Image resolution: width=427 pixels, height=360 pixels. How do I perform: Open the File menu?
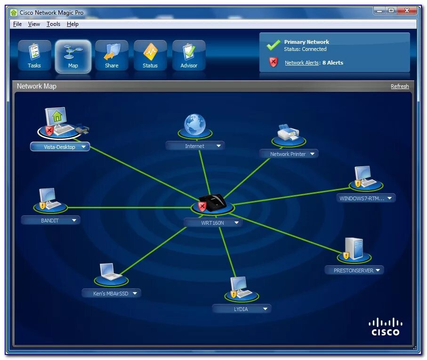click(x=17, y=24)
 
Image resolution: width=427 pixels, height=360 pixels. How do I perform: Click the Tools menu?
click(x=53, y=24)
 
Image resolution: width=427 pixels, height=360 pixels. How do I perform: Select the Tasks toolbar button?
click(x=34, y=56)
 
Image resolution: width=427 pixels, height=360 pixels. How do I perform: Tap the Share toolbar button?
click(x=112, y=56)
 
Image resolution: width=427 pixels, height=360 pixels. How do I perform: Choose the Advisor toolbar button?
click(x=189, y=56)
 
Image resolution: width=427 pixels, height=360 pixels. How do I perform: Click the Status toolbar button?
click(x=150, y=56)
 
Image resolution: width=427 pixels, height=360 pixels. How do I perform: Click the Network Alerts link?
click(x=301, y=63)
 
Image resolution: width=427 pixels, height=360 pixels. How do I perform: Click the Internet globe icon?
click(x=194, y=124)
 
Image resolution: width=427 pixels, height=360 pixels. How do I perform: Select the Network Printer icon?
click(x=288, y=133)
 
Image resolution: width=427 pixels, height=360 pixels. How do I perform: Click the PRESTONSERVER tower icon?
click(x=354, y=248)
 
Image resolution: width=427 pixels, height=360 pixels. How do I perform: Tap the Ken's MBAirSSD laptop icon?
click(x=111, y=272)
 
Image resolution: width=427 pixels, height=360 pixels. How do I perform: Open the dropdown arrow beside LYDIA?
click(x=266, y=309)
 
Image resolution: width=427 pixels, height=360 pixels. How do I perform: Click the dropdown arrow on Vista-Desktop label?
click(x=83, y=147)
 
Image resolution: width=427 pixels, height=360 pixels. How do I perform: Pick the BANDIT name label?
click(x=50, y=221)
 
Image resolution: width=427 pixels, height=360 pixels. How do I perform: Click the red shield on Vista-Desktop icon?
click(x=49, y=131)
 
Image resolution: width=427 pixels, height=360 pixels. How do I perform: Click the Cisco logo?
click(x=385, y=327)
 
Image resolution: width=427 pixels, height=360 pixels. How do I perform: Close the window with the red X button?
click(x=407, y=11)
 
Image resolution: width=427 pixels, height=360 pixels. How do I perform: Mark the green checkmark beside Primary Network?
click(x=274, y=45)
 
